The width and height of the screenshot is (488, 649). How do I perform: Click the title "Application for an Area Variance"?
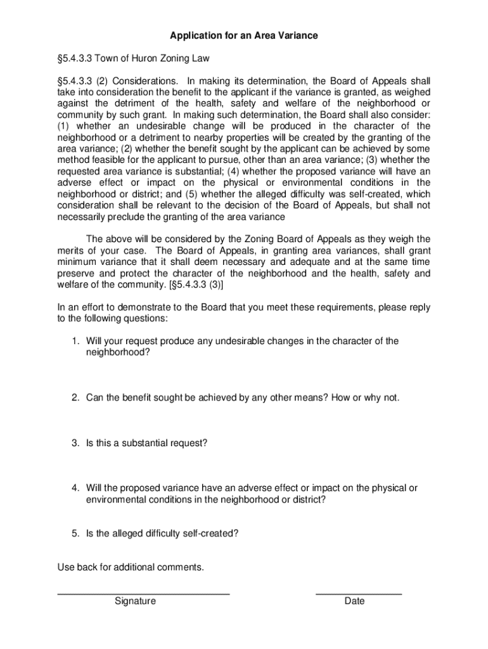point(243,36)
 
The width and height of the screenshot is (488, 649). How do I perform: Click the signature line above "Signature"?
point(143,593)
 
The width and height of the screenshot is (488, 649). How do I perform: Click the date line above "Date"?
point(359,593)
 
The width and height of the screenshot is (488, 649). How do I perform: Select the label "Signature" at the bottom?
point(135,601)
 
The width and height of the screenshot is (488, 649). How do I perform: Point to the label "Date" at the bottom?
point(354,601)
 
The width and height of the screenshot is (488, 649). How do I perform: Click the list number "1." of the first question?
point(75,342)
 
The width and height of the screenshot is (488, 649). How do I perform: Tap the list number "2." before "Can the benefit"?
point(75,398)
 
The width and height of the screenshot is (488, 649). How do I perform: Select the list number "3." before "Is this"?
point(75,444)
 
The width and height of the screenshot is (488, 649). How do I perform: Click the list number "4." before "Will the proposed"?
point(75,488)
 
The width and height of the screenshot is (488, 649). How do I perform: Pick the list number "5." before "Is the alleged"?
point(75,534)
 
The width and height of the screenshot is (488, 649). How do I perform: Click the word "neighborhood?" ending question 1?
point(119,353)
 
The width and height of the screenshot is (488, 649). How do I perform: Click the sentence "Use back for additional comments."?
point(131,567)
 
